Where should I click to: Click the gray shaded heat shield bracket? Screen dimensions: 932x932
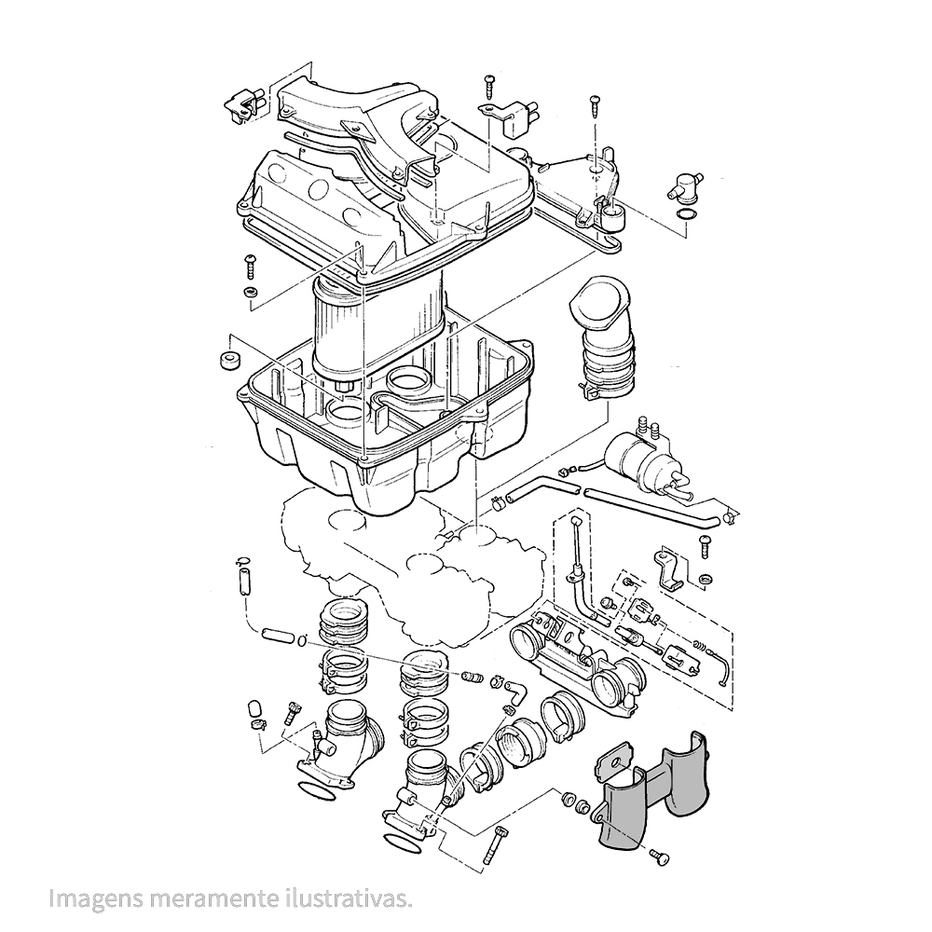click(652, 792)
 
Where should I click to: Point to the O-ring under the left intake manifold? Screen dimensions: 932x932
click(317, 792)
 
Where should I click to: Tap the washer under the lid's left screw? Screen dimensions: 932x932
click(250, 293)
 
